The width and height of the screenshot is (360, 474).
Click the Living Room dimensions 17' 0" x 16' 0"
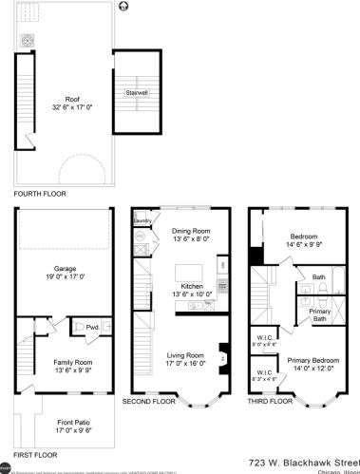(x=179, y=362)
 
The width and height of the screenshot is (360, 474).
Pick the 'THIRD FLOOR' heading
(x=269, y=402)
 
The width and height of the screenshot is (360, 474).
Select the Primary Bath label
(x=320, y=314)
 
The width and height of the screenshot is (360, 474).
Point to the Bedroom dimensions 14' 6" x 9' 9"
(x=302, y=244)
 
